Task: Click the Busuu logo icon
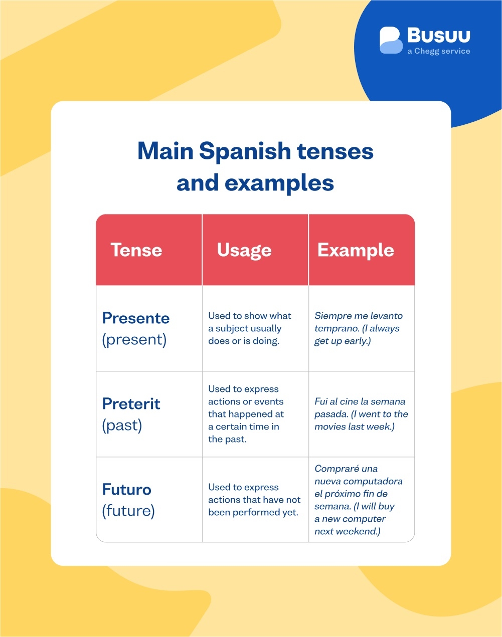[391, 40]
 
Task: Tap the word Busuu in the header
[439, 36]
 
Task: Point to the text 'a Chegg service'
[439, 51]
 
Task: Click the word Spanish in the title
[245, 151]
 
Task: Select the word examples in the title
[279, 183]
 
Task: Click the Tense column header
[136, 250]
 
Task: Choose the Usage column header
[244, 250]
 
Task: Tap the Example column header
[356, 250]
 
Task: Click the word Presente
[136, 318]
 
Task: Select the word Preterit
[131, 403]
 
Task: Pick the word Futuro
[127, 489]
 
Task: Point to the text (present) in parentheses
[134, 339]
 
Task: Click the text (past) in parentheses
[122, 425]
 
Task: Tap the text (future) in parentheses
[128, 511]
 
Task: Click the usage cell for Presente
[250, 328]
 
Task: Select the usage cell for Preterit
[246, 414]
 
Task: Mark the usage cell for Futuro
[254, 500]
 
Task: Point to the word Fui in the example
[321, 401]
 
